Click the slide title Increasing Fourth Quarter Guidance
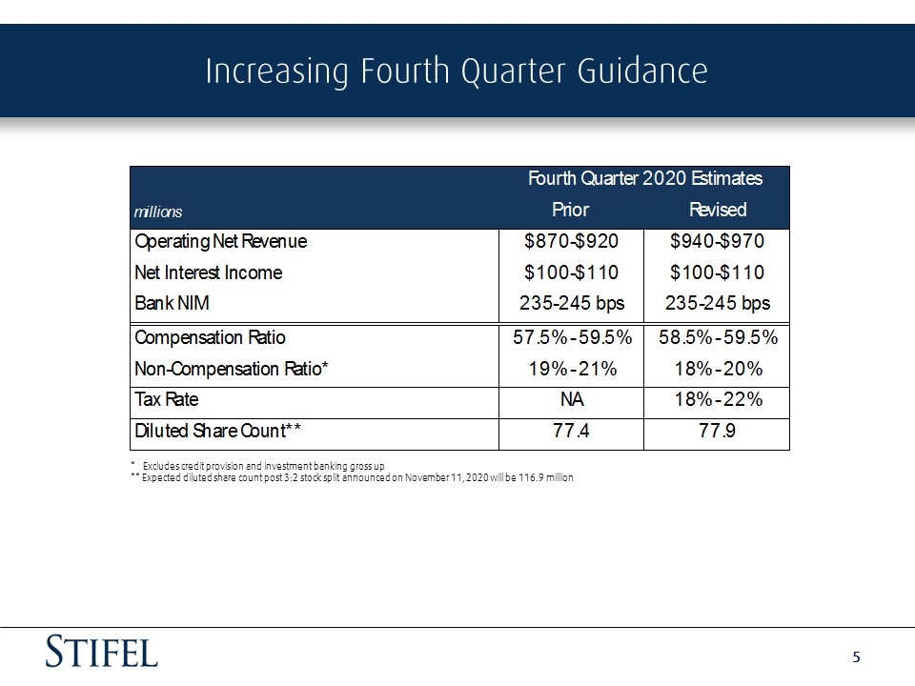coord(457,71)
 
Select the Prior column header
coord(570,210)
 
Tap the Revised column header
coord(718,210)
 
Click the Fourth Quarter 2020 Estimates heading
coord(645,178)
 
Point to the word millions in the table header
coord(158,212)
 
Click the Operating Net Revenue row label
coord(220,241)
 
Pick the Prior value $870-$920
coord(571,241)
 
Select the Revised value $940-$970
coord(717,241)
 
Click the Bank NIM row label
coord(172,303)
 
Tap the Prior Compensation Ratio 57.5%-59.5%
coord(573,337)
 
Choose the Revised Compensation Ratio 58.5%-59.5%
coord(719,337)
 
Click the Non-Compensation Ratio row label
coord(231,369)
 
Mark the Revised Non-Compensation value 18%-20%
coord(719,369)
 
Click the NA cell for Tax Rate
coord(572,399)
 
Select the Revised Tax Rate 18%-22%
coord(719,399)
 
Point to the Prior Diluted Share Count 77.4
coord(571,431)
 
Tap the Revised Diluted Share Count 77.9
coord(717,431)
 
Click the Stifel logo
coord(102,651)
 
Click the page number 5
coord(856,657)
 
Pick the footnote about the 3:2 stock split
coord(352,477)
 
